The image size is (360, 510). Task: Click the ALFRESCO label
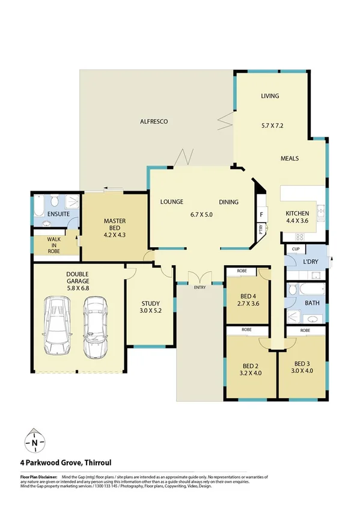pos(154,121)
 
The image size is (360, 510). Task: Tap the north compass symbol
pos(35,443)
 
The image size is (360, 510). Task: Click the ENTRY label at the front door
pos(200,287)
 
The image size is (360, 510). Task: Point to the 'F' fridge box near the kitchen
pos(261,214)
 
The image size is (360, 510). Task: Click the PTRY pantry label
pos(261,229)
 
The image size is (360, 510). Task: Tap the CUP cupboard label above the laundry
pos(295,248)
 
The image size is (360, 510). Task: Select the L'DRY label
pos(311,262)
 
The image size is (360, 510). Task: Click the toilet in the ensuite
pos(55,200)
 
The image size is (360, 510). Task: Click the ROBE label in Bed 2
pos(246,330)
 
